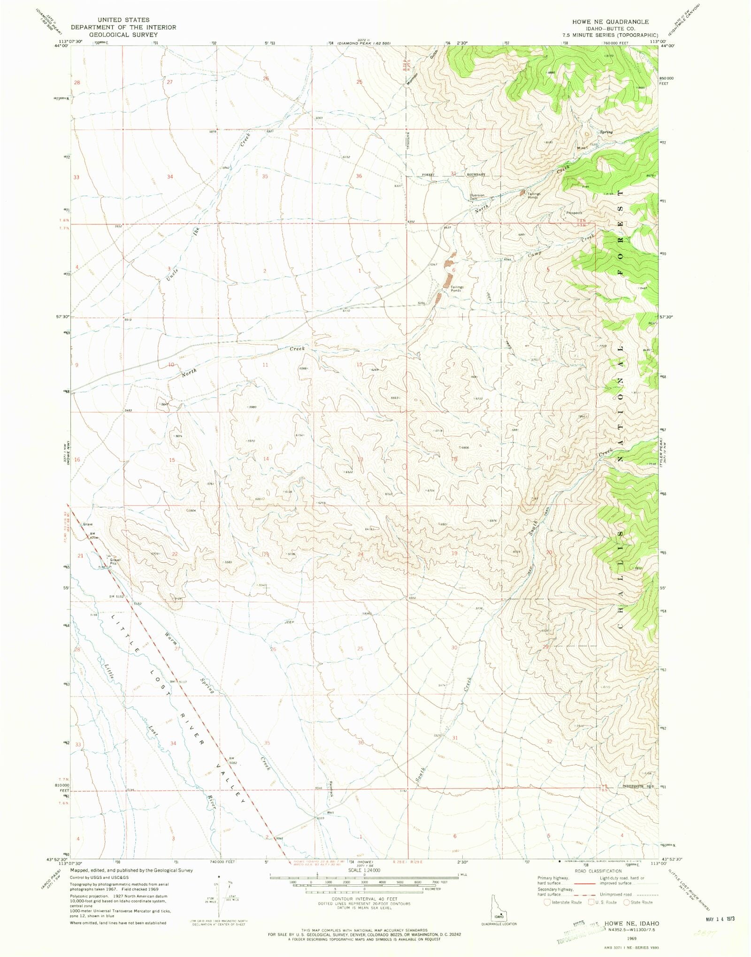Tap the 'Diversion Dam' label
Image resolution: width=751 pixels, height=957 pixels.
[x=477, y=197]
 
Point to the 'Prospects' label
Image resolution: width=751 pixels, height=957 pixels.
[x=574, y=213]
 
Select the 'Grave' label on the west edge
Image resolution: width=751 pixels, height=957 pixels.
[x=88, y=524]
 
